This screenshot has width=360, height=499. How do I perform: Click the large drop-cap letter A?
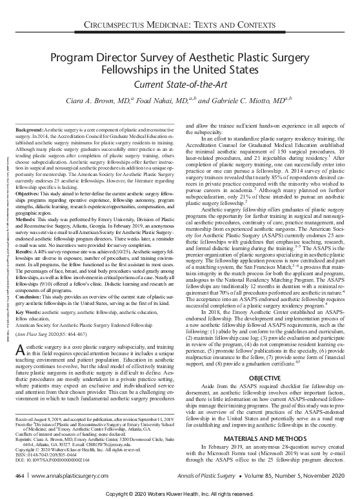coord(19,351)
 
